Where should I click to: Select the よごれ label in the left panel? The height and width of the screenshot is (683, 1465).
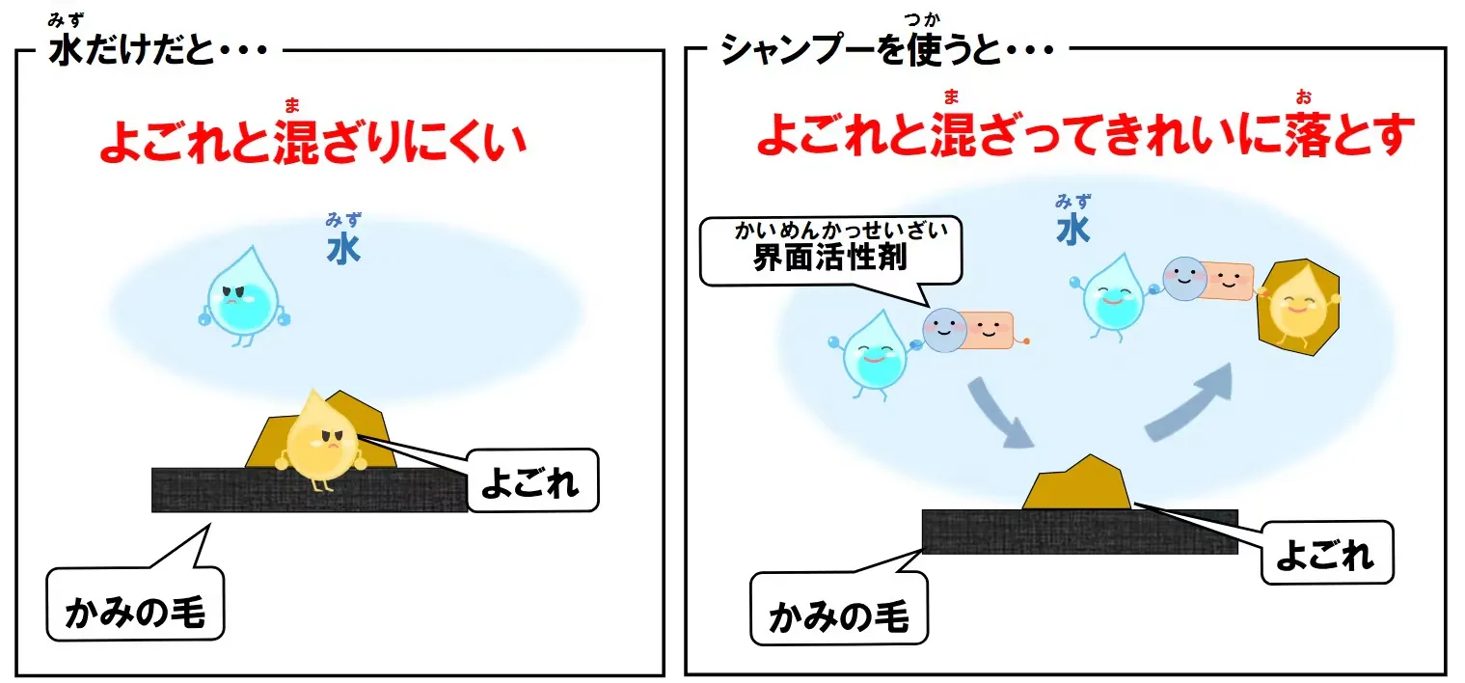[x=532, y=480]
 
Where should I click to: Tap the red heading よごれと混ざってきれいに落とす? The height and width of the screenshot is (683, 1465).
[x=1085, y=135]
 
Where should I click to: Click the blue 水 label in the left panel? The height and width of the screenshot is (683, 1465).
[x=343, y=249]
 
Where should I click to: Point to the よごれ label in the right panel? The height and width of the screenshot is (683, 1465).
[x=1326, y=554]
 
